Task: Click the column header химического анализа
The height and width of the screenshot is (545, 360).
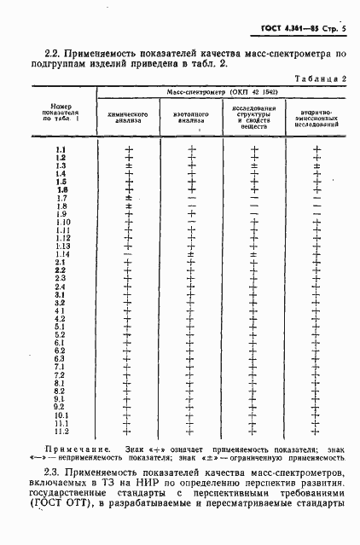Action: [x=129, y=118]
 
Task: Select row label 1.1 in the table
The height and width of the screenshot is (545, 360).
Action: [x=61, y=150]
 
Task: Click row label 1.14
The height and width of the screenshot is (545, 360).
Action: [x=62, y=254]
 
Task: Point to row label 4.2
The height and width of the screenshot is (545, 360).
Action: [x=61, y=318]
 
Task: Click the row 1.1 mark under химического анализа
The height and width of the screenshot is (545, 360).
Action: [x=130, y=150]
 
